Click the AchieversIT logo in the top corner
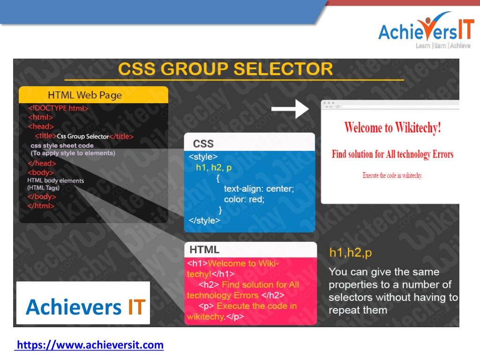click(426, 30)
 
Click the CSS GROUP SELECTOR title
click(225, 68)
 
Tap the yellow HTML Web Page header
click(93, 95)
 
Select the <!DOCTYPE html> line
click(58, 108)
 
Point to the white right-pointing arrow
click(290, 109)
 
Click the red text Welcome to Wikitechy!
click(392, 127)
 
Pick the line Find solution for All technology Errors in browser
click(392, 154)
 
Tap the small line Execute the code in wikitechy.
click(392, 175)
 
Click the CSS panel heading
click(203, 143)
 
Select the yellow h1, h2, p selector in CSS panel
click(214, 167)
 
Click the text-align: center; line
click(259, 188)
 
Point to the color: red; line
click(244, 199)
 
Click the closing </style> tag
click(204, 220)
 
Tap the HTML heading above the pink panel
click(204, 249)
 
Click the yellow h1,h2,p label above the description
click(351, 253)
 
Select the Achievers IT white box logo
click(83, 303)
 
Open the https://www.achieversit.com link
click(90, 345)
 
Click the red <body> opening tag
click(41, 172)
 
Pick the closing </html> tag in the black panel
click(41, 206)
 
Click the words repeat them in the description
click(358, 310)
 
